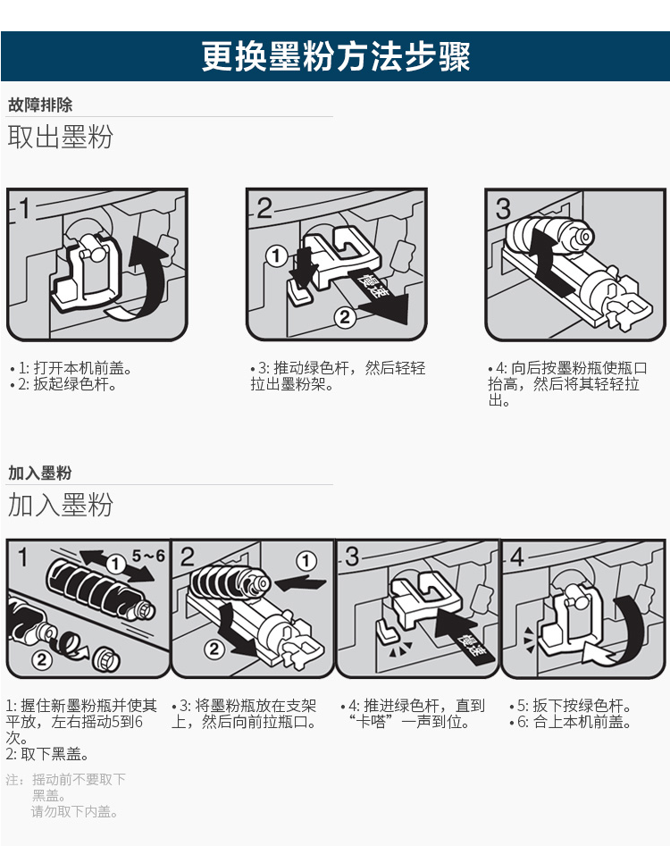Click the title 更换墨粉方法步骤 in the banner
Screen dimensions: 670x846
pyautogui.click(x=336, y=56)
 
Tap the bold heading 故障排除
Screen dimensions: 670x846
pyautogui.click(x=40, y=105)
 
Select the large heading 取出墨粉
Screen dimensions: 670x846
pyautogui.click(x=60, y=137)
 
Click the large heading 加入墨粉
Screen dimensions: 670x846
pyautogui.click(x=60, y=505)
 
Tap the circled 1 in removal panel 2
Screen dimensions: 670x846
pyautogui.click(x=276, y=255)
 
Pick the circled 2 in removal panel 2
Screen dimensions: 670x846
pyautogui.click(x=345, y=317)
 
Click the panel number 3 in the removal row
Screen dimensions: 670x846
pyautogui.click(x=503, y=209)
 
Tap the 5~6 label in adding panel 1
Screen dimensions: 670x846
pyautogui.click(x=148, y=555)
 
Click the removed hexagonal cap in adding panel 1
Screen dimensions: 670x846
pyautogui.click(x=105, y=659)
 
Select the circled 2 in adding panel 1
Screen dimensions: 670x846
pyautogui.click(x=41, y=658)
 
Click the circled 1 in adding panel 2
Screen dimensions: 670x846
pyautogui.click(x=306, y=562)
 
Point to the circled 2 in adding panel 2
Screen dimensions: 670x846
pyautogui.click(x=214, y=649)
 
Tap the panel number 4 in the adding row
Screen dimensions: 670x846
pyautogui.click(x=516, y=557)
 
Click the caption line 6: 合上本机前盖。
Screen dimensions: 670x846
pyautogui.click(x=570, y=722)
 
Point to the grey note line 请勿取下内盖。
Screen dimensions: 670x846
pyautogui.click(x=74, y=811)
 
